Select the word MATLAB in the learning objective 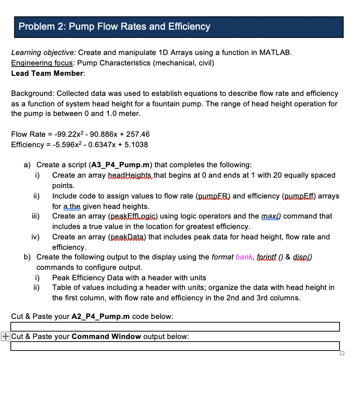pyautogui.click(x=275, y=52)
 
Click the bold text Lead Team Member pyautogui.click(x=47, y=73)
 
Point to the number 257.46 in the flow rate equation pyautogui.click(x=138, y=134)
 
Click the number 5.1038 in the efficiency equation pyautogui.click(x=135, y=145)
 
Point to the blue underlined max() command pyautogui.click(x=271, y=216)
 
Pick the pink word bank pyautogui.click(x=244, y=257)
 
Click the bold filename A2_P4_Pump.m pyautogui.click(x=100, y=316)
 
